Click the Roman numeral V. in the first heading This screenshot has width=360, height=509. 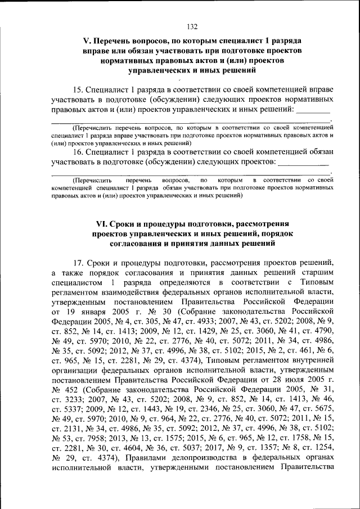click(87, 42)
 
